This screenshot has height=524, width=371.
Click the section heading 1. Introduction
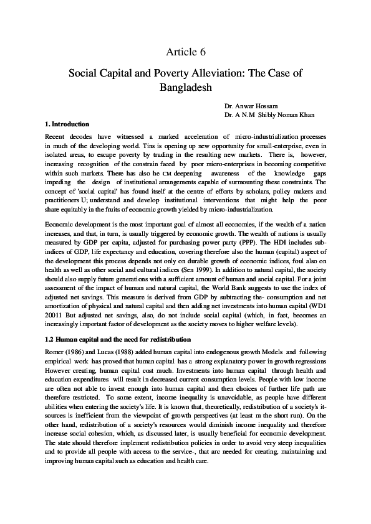click(68, 124)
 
